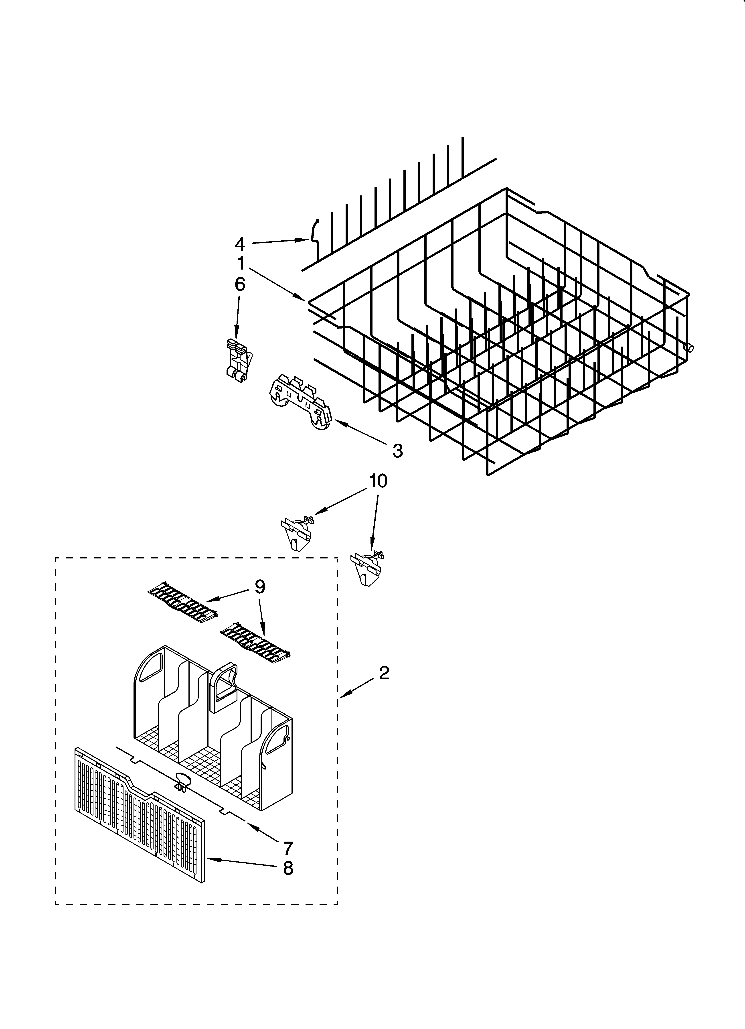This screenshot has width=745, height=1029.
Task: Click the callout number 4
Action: pyautogui.click(x=240, y=245)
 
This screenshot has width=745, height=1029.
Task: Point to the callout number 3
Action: pyautogui.click(x=397, y=451)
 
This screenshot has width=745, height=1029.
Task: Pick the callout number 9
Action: pyautogui.click(x=259, y=587)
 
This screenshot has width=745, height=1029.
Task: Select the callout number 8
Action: pyautogui.click(x=288, y=868)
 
